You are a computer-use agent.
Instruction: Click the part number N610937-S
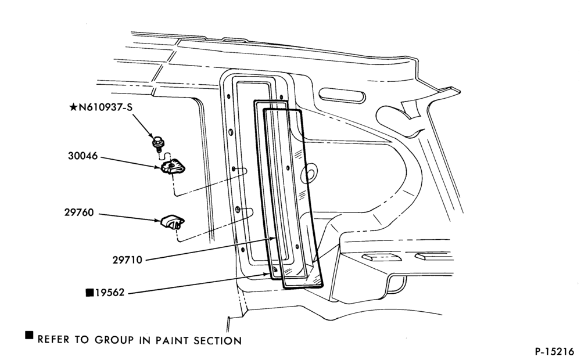105,107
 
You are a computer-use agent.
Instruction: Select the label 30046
83,156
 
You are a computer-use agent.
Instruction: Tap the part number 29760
79,213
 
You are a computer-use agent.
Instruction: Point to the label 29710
127,260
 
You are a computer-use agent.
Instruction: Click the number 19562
110,293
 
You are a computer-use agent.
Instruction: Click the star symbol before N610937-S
73,107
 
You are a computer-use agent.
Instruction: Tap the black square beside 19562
89,293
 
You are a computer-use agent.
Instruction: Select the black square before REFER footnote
29,335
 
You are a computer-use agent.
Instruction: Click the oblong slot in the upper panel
342,95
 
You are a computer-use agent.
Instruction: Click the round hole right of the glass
310,173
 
